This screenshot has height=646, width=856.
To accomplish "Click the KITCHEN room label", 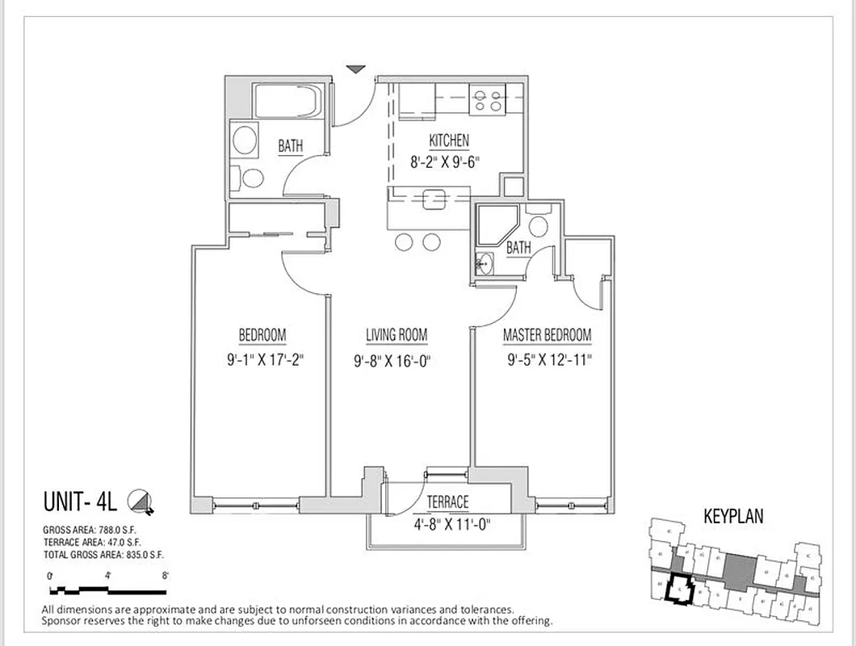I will pos(448,141).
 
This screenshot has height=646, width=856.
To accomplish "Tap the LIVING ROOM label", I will pos(397,335).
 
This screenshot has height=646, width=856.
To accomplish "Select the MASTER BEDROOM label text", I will pos(547,335).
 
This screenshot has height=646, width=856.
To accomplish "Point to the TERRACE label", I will pos(447,502).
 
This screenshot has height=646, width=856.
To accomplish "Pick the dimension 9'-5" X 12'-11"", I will pos(549,361).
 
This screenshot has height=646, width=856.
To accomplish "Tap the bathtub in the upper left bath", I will pos(287,101).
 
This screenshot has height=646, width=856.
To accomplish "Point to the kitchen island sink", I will pos(434,199).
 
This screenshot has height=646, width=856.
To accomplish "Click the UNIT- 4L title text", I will pos(80,502).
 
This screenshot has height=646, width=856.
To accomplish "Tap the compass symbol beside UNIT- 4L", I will pos(142,503).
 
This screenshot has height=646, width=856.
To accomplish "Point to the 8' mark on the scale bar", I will pos(164,576).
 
